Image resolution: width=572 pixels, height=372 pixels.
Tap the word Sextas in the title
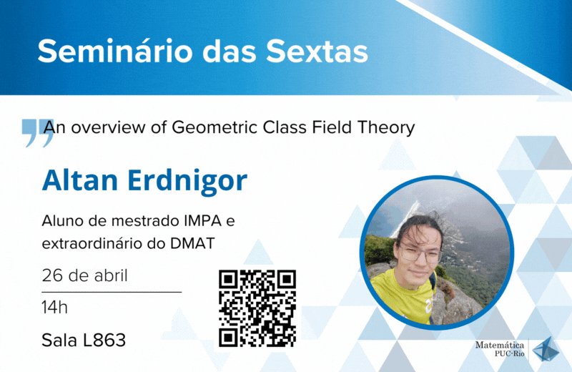(x=317, y=51)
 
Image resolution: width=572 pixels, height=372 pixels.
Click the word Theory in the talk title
(x=386, y=128)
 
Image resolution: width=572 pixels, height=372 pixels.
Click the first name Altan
(x=80, y=180)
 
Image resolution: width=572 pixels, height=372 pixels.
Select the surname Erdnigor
(x=187, y=181)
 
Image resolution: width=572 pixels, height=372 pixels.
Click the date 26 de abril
(x=84, y=275)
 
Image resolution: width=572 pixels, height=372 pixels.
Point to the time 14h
(x=55, y=308)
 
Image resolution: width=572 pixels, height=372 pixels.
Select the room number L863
(x=104, y=341)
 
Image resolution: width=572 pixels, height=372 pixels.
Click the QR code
(x=257, y=308)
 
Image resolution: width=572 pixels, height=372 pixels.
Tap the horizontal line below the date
(x=112, y=292)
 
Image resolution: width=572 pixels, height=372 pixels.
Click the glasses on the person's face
(x=420, y=255)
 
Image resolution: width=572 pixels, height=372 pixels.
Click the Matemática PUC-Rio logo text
(x=500, y=349)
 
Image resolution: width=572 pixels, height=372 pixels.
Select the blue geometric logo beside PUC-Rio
(x=546, y=349)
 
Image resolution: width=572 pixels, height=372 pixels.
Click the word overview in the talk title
(x=108, y=128)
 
